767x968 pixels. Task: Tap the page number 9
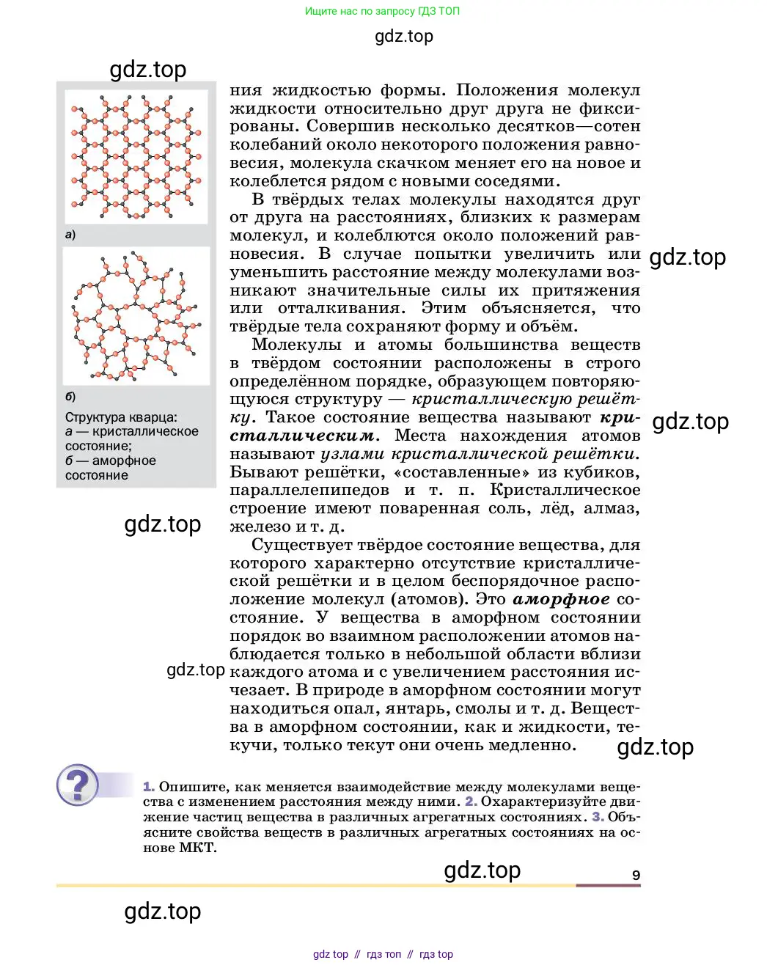pyautogui.click(x=636, y=875)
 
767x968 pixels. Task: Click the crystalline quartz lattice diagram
pyautogui.click(x=136, y=157)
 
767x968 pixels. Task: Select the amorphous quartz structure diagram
pyautogui.click(x=136, y=317)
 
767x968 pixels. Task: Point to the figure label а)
pyautogui.click(x=70, y=235)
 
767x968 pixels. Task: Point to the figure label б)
pyautogui.click(x=70, y=397)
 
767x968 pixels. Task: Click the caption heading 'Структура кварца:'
pyautogui.click(x=121, y=417)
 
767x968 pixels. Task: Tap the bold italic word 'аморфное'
pyautogui.click(x=561, y=599)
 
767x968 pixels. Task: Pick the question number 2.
pyautogui.click(x=471, y=802)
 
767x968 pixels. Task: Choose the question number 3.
pyautogui.click(x=598, y=817)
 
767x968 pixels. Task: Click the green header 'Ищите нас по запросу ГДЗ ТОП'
pyautogui.click(x=382, y=11)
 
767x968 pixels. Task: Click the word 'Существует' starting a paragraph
pyautogui.click(x=306, y=545)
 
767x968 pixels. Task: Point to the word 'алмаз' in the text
pyautogui.click(x=612, y=508)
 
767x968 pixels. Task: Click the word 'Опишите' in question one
pyautogui.click(x=190, y=787)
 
